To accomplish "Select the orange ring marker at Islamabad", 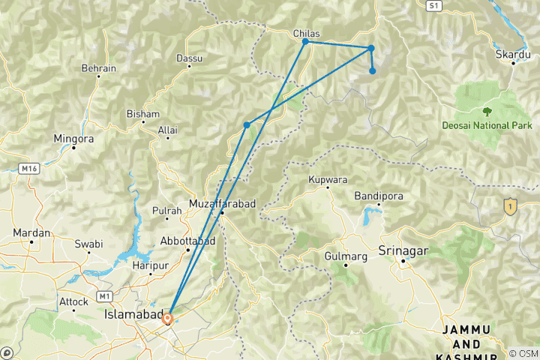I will click(167, 318).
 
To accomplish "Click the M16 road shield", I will click(29, 169).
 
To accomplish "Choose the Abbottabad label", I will click(187, 241).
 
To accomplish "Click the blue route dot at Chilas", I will click(305, 41).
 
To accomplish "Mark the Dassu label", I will click(189, 58).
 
